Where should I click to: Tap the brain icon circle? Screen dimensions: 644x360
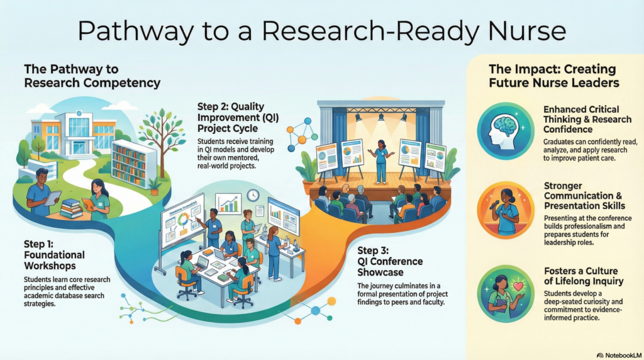pyautogui.click(x=506, y=131)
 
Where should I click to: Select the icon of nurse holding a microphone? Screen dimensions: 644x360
pyautogui.click(x=506, y=210)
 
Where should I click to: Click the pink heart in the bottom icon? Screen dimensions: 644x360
pyautogui.click(x=519, y=286)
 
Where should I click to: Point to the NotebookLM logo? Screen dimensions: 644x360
pyautogui.click(x=619, y=355)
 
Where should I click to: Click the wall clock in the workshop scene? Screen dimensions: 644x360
pyautogui.click(x=253, y=195)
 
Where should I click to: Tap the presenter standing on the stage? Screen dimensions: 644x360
pyautogui.click(x=380, y=161)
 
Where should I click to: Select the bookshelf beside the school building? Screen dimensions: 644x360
pyautogui.click(x=133, y=163)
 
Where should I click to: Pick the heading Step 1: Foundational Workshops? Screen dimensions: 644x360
pyautogui.click(x=54, y=255)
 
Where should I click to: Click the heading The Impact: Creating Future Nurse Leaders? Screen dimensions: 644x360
pyautogui.click(x=553, y=76)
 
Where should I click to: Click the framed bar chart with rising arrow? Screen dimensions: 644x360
pyautogui.click(x=228, y=204)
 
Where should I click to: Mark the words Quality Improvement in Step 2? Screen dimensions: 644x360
pyautogui.click(x=231, y=112)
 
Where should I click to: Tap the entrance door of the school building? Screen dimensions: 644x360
pyautogui.click(x=79, y=147)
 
